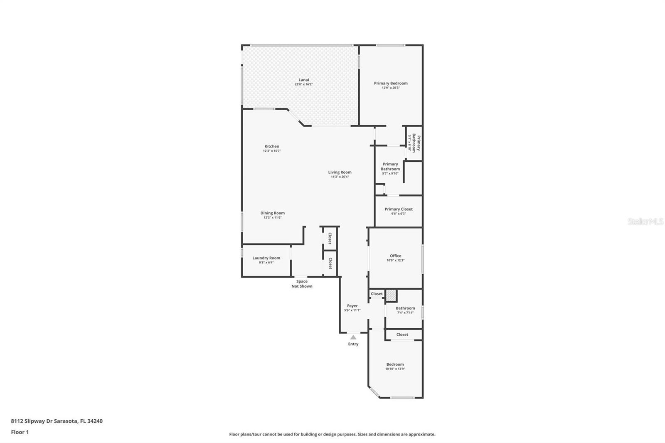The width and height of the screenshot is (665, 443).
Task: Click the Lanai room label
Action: [303, 80]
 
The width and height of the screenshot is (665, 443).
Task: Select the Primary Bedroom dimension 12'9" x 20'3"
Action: [391, 88]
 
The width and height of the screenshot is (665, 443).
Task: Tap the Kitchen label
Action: [272, 146]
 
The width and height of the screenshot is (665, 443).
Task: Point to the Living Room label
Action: [340, 172]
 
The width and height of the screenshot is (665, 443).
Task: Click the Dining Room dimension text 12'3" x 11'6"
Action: [272, 217]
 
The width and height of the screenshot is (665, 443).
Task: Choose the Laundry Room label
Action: [266, 258]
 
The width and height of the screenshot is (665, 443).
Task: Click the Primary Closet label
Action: [398, 209]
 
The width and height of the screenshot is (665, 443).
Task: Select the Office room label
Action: [395, 256]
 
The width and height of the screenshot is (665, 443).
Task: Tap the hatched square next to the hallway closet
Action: [391, 295]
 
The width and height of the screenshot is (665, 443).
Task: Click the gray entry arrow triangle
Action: [353, 337]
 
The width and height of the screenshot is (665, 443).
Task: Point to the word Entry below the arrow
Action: [353, 344]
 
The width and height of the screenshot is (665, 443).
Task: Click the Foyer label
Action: [352, 306]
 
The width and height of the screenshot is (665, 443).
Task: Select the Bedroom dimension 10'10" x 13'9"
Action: [395, 369]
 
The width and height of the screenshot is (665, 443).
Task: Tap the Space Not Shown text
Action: [302, 284]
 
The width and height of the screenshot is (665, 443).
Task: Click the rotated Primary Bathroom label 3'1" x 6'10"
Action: [414, 143]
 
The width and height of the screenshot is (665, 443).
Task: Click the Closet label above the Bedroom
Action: [402, 335]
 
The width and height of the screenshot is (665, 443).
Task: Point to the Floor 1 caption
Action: [20, 432]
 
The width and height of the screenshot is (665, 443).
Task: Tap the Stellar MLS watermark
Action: [645, 222]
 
